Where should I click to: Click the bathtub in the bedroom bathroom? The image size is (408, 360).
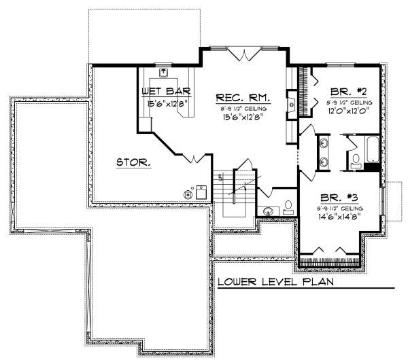click(373, 151)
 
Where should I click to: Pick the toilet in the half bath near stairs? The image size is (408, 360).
click(288, 206)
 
